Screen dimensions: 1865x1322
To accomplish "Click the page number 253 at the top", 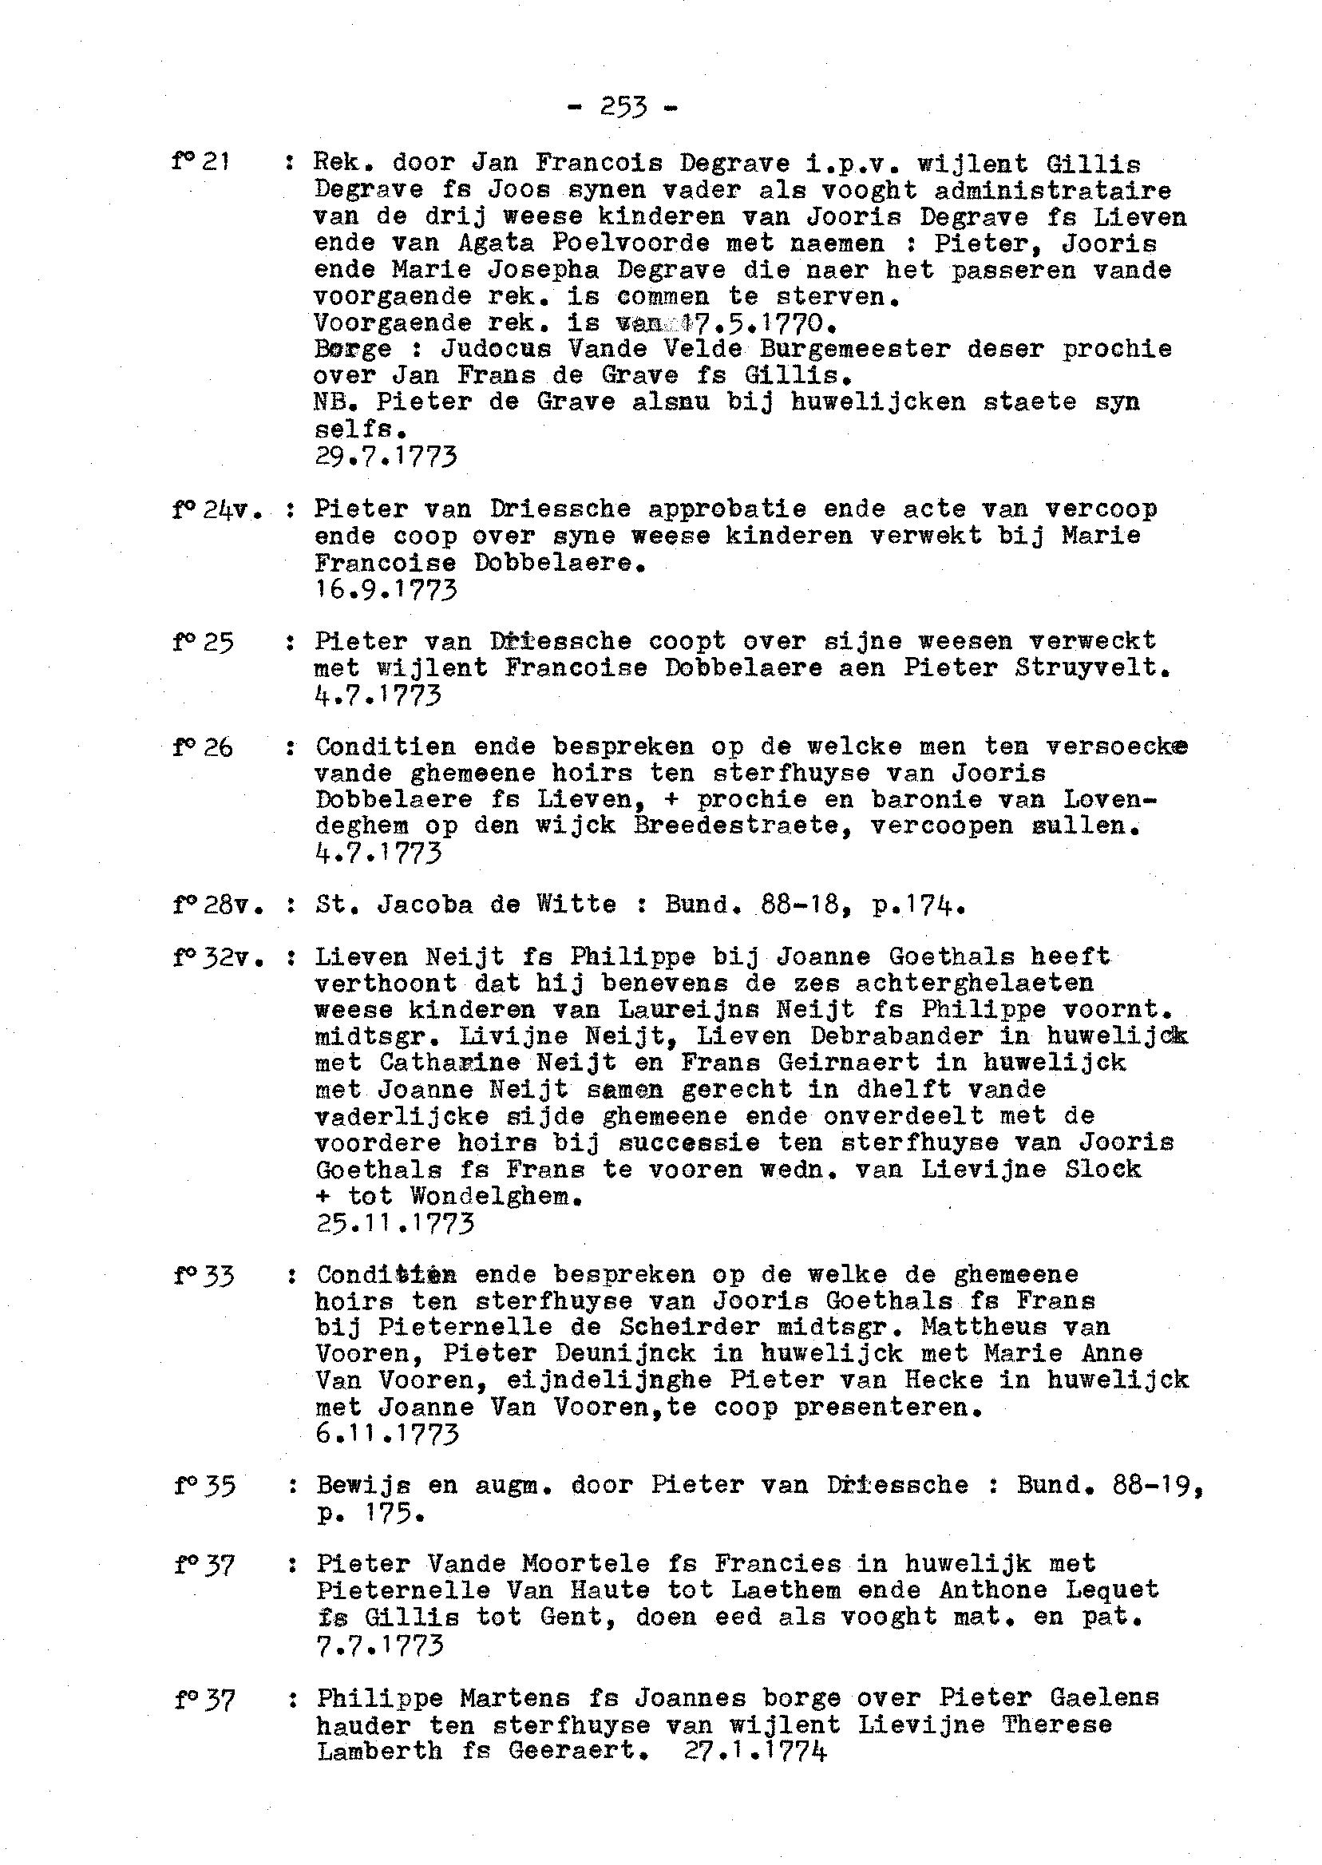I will tap(623, 107).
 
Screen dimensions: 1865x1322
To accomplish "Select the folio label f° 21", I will tap(200, 162).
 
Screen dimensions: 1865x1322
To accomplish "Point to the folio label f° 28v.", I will tap(217, 904).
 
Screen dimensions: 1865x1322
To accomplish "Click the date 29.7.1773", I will tap(385, 457).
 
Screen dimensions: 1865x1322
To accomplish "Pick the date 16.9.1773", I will tap(385, 588).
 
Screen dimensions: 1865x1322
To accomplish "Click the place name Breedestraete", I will tap(743, 826).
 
